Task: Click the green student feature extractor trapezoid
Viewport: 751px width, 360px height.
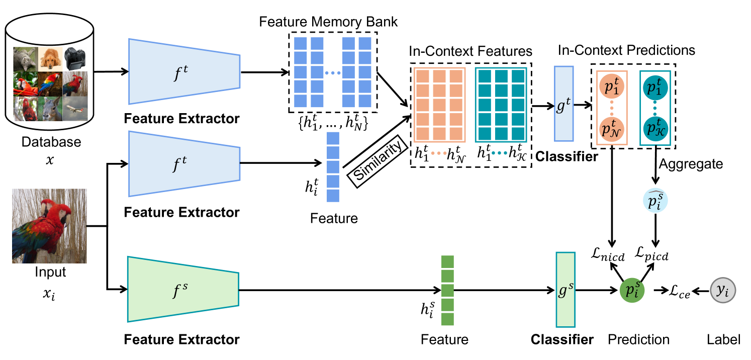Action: pyautogui.click(x=183, y=289)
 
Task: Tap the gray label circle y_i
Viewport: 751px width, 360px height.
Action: pyautogui.click(x=723, y=290)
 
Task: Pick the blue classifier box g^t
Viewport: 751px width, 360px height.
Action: pyautogui.click(x=563, y=104)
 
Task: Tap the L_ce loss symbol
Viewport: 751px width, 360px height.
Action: pyautogui.click(x=676, y=291)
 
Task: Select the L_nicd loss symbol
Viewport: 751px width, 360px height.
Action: pyautogui.click(x=609, y=256)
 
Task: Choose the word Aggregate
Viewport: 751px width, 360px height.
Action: pyautogui.click(x=691, y=164)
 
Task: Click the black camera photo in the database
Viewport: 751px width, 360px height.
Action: pyautogui.click(x=75, y=59)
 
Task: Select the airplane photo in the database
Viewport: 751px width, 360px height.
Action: pyautogui.click(x=75, y=110)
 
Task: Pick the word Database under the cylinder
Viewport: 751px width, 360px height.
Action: pyautogui.click(x=51, y=142)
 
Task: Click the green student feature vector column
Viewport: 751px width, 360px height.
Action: pyautogui.click(x=447, y=291)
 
